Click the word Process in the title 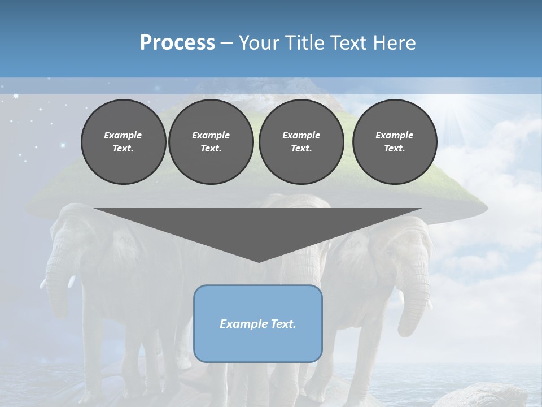pos(177,43)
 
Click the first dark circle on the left pos(123,141)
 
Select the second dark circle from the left pos(211,141)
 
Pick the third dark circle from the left pos(301,141)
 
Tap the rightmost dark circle pos(394,141)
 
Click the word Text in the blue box pos(283,324)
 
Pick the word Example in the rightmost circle pos(394,135)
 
